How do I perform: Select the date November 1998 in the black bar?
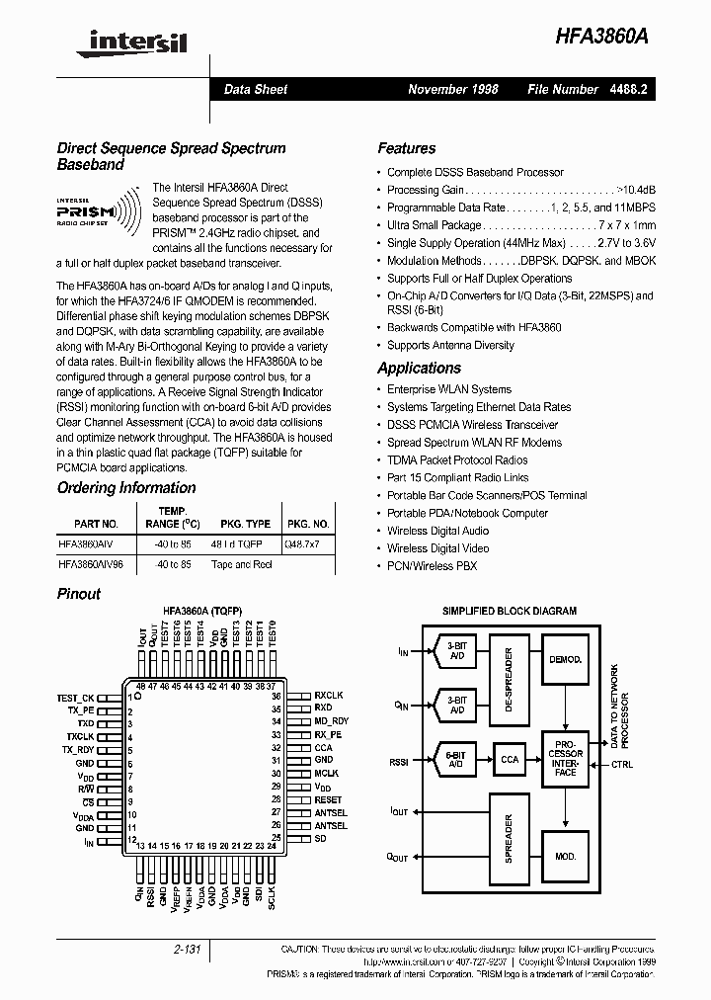453,89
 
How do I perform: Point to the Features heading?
406,148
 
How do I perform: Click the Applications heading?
419,368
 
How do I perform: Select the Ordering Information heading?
126,487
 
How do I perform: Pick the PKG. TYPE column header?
245,524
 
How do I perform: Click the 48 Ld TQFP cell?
237,544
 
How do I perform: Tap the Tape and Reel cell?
241,564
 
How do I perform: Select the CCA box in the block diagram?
510,760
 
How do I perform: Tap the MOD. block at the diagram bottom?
565,856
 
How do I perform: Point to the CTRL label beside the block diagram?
623,764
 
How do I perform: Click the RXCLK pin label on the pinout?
329,695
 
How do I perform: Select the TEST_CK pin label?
75,698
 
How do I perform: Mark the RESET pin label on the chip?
328,799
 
